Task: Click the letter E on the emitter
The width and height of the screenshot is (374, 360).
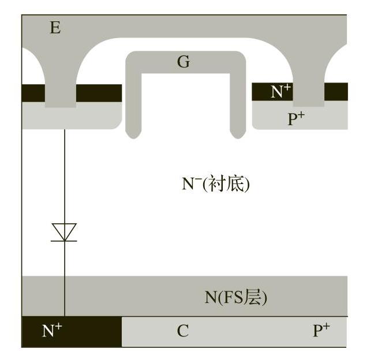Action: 55,27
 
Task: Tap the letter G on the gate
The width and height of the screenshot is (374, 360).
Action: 183,62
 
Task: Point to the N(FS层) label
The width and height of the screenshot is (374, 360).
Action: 235,297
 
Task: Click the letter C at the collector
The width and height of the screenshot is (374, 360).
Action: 182,331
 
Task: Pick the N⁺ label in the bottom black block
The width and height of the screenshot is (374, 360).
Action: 52,331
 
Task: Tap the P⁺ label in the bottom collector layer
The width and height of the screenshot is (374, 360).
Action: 321,331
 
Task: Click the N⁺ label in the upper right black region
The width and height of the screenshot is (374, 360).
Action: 281,91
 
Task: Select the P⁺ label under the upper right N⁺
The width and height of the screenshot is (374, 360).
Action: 296,119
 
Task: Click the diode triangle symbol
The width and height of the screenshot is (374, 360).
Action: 64,232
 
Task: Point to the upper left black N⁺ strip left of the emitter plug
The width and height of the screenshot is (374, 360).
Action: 32,92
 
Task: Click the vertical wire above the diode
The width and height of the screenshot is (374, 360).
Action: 64,173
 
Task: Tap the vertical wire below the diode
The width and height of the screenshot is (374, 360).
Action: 64,277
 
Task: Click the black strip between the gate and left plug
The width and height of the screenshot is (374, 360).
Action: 99,92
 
